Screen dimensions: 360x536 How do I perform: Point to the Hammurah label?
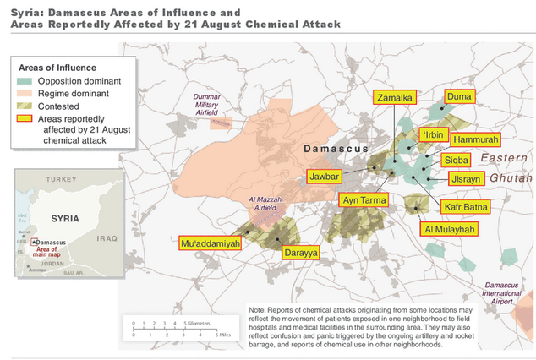(x=475, y=139)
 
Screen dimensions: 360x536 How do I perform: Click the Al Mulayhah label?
(x=449, y=229)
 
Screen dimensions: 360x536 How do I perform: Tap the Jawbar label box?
(x=324, y=177)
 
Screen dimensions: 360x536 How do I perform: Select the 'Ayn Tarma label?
(x=364, y=200)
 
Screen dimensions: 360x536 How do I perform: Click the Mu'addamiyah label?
(x=211, y=243)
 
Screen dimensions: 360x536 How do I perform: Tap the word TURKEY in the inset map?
(x=61, y=180)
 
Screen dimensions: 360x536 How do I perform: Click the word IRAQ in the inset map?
(x=106, y=239)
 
